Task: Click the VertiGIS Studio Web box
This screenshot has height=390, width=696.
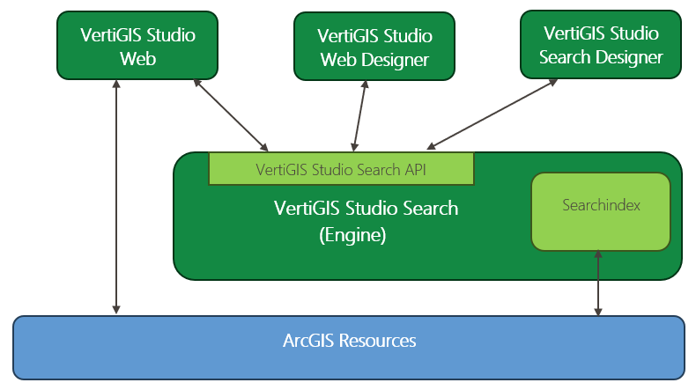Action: (137, 45)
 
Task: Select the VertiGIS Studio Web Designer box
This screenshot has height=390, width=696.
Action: (374, 47)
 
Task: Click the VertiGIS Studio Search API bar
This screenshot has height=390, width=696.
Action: (341, 169)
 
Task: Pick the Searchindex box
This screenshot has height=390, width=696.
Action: (600, 210)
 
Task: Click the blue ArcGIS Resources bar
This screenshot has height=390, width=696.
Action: (349, 347)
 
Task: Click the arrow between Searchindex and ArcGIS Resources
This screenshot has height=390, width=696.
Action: (599, 282)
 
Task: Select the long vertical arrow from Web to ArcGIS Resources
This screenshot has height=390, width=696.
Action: (116, 198)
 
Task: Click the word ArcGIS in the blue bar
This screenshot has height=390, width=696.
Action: (311, 341)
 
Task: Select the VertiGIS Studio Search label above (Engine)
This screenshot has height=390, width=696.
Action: (366, 209)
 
